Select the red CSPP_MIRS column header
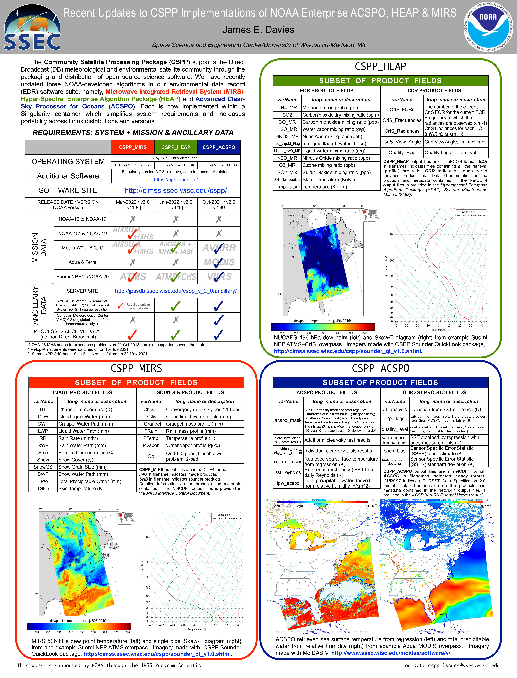click(x=133, y=147)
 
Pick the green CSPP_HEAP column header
click(x=176, y=147)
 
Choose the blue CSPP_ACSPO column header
click(x=219, y=147)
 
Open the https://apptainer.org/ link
click(x=176, y=180)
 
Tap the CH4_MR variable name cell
click(x=287, y=108)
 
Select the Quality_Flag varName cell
click(x=402, y=153)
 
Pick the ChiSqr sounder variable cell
click(x=151, y=410)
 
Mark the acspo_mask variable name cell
click(x=288, y=420)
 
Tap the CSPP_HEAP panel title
click(x=380, y=66)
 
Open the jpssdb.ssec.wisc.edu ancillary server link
click(x=176, y=291)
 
